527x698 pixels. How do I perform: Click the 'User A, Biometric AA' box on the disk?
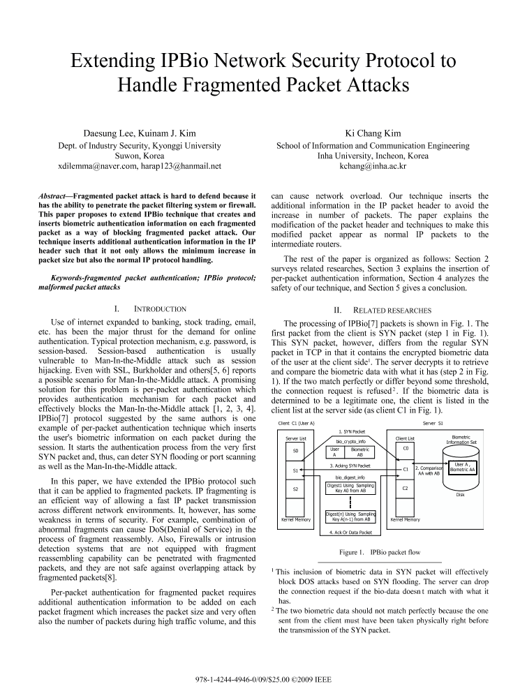click(461, 467)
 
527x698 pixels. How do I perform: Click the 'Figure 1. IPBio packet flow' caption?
click(380, 552)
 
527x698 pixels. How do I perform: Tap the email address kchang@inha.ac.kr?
click(373, 167)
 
